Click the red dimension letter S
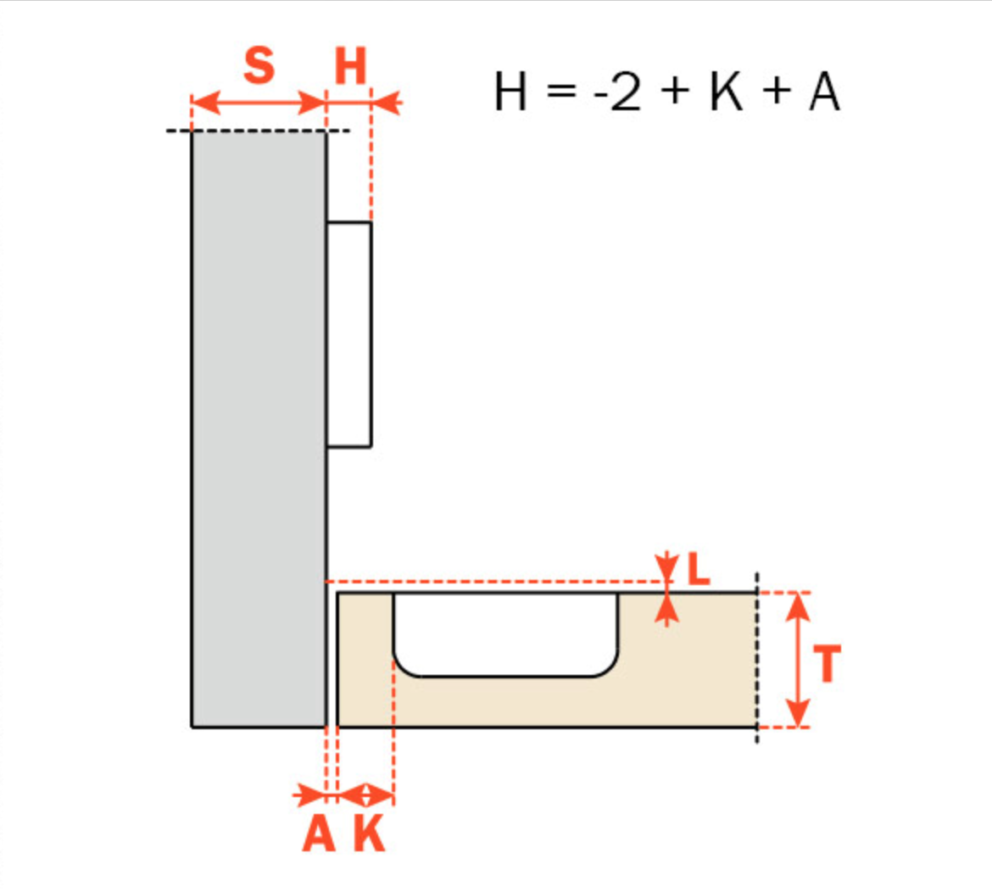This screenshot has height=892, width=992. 259,66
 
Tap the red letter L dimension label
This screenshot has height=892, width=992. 698,571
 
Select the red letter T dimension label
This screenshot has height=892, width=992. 827,664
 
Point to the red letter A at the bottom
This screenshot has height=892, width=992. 319,834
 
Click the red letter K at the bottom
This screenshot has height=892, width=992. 370,834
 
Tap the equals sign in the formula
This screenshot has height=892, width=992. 562,93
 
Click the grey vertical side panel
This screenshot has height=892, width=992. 259,424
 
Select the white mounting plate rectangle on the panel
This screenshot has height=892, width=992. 348,334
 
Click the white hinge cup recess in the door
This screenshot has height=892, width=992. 506,632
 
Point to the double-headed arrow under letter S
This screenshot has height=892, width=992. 259,104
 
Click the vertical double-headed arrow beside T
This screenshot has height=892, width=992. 797,660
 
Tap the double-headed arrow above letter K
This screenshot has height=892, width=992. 365,795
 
